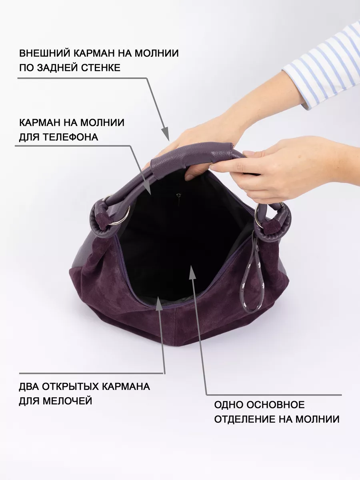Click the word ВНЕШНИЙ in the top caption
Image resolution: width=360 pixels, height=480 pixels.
click(45, 53)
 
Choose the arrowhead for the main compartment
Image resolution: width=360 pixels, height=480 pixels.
click(192, 272)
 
